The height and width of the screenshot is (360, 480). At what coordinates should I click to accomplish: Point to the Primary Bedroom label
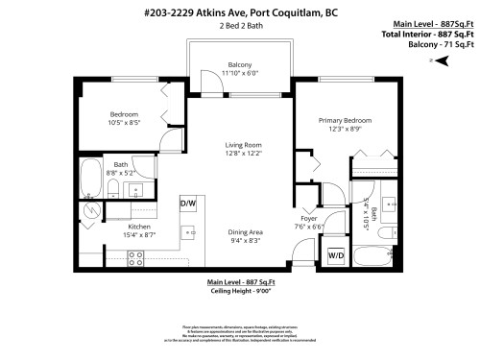tap(345, 120)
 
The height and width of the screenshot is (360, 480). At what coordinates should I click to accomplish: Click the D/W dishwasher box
tap(187, 204)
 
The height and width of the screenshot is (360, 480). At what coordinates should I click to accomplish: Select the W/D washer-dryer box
tap(336, 255)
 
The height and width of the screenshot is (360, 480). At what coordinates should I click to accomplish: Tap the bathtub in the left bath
tap(91, 177)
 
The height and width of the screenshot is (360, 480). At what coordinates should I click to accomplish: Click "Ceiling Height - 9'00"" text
tap(240, 292)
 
